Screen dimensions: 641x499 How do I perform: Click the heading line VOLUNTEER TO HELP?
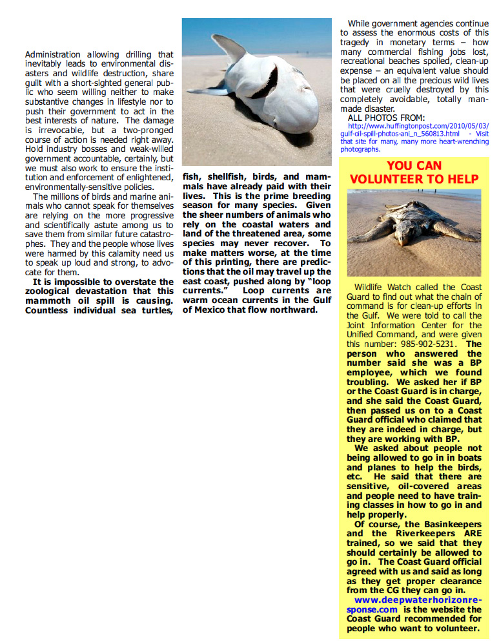point(414,179)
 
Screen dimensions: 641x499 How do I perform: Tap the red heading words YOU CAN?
point(414,165)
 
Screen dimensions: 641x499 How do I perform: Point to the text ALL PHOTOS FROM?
point(386,118)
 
